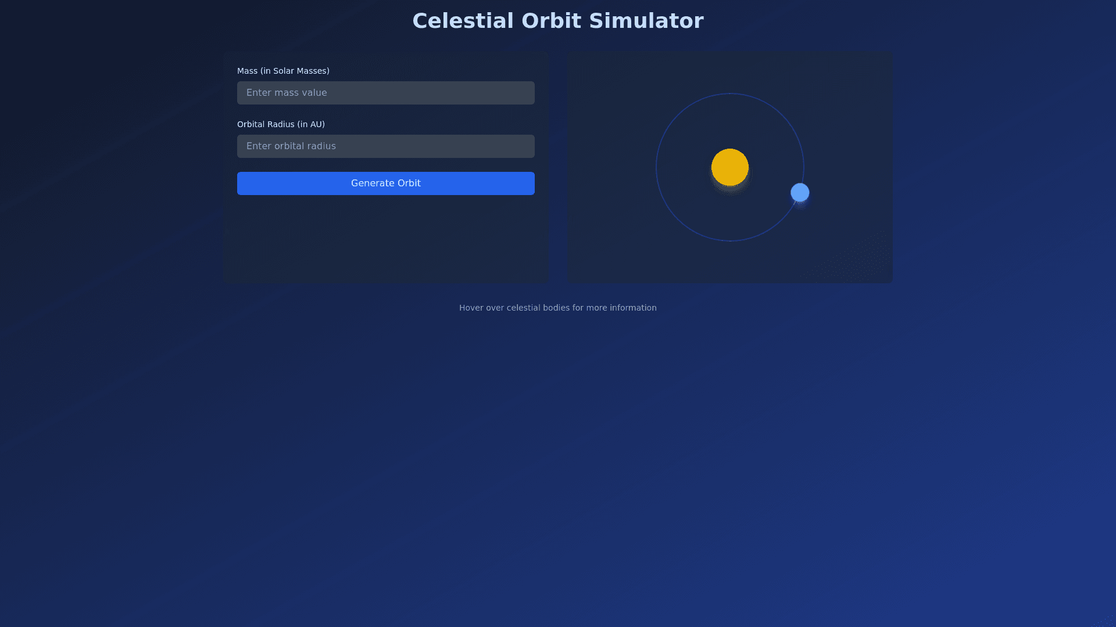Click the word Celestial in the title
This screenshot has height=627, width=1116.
(463, 21)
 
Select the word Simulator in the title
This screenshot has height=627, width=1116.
(646, 21)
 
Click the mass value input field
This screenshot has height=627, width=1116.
(386, 93)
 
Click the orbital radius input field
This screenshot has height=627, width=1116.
(386, 146)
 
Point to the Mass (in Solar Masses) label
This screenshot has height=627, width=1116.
(283, 71)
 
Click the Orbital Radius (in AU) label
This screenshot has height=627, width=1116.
(281, 124)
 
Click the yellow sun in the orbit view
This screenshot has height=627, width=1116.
(730, 167)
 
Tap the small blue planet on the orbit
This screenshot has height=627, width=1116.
(800, 193)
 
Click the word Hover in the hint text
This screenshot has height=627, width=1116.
(471, 308)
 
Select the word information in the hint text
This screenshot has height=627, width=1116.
(633, 308)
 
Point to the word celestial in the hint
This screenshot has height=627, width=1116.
(524, 308)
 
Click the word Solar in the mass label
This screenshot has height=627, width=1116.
(284, 71)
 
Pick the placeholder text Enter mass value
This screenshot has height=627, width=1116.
(287, 93)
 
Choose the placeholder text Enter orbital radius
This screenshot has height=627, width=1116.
(291, 146)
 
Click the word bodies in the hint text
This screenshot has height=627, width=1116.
(556, 308)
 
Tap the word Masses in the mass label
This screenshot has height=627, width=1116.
(312, 71)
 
